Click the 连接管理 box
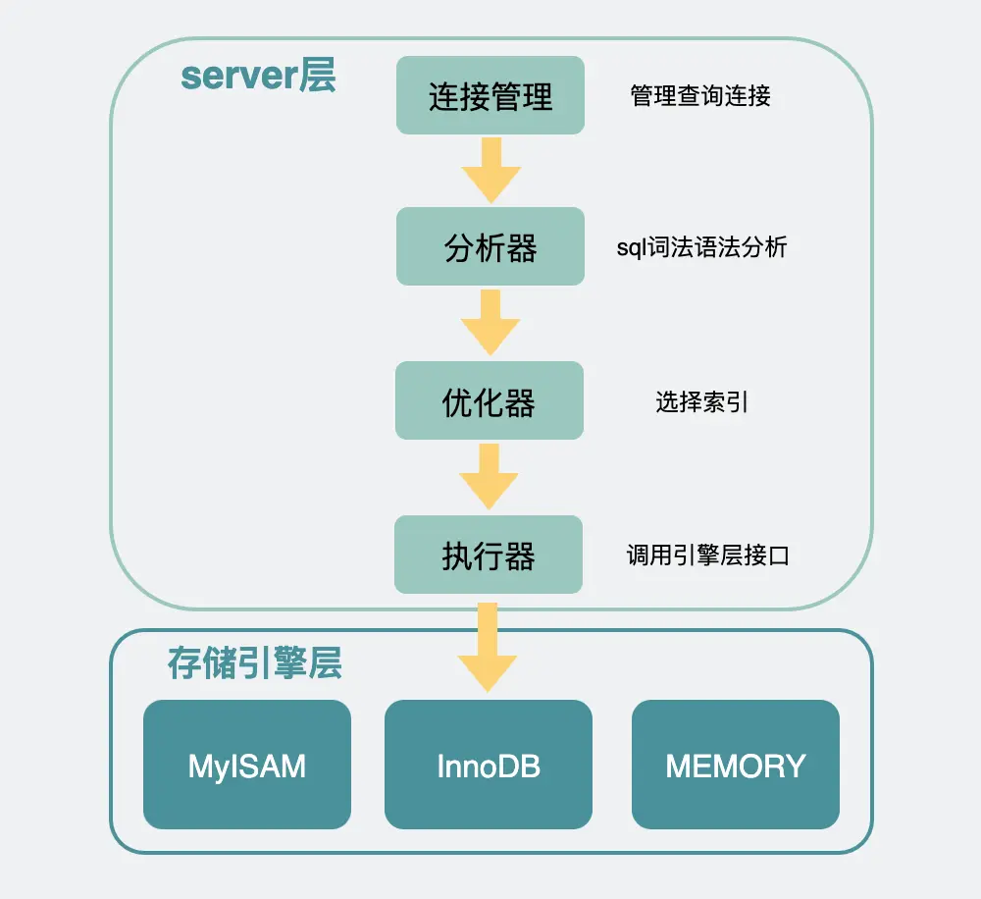[490, 95]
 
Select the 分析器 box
[490, 246]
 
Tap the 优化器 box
[490, 400]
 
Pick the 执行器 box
[489, 555]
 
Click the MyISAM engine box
[247, 765]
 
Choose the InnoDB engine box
[489, 765]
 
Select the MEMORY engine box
[736, 765]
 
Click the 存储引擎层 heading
[255, 664]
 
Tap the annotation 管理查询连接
[700, 95]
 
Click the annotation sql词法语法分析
[701, 247]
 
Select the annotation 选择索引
[702, 401]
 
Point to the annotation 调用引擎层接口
[707, 556]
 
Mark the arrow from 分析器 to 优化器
[490, 322]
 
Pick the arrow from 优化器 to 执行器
[490, 476]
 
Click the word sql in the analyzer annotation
[630, 248]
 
